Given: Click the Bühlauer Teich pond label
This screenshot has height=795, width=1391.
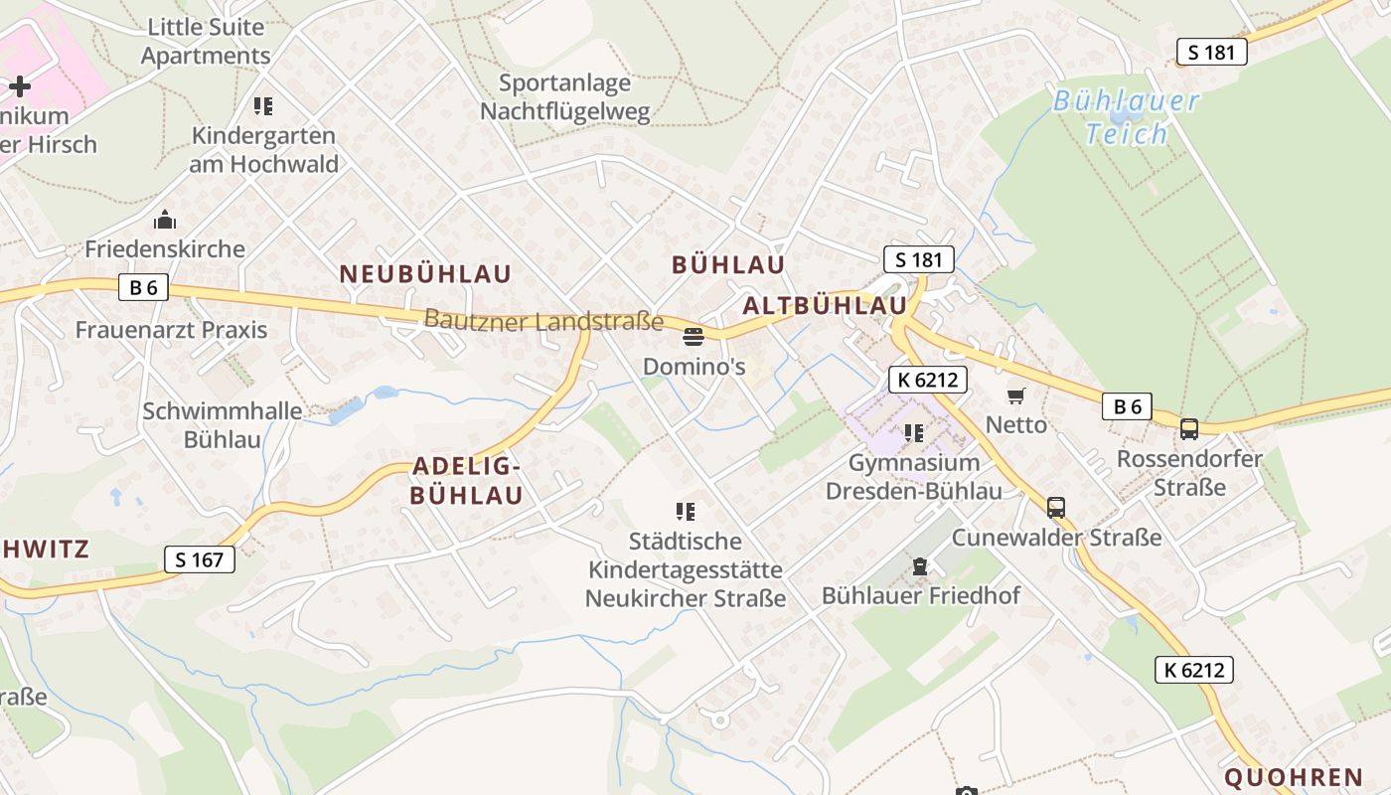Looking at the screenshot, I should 1126,117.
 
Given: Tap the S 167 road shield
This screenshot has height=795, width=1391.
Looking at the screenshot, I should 200,559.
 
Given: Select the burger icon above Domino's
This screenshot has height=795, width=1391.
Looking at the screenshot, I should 693,338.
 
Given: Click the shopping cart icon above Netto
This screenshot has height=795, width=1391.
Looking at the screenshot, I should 1015,397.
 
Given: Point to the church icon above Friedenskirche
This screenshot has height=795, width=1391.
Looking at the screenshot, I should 165,220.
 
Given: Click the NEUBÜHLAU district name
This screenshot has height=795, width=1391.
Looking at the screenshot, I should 425,274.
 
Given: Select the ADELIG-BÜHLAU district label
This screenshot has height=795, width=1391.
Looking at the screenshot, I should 467,481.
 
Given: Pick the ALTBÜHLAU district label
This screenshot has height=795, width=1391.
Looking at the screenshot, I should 825,305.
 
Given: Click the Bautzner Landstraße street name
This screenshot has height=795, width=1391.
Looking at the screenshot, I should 543,321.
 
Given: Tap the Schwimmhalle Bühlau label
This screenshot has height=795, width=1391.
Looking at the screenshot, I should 222,425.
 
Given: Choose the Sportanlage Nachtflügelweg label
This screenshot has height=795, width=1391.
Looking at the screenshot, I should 565,97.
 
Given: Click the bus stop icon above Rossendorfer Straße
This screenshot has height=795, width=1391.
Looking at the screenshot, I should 1188,429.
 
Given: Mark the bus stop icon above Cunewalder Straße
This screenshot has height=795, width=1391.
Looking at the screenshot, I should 1056,508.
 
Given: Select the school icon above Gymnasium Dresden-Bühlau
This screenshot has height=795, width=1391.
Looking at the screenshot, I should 914,433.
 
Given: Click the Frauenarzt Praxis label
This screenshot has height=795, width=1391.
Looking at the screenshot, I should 172,330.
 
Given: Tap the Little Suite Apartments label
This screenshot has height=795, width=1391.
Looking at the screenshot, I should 206,42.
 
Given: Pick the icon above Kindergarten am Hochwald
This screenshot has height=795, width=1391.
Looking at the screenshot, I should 263,105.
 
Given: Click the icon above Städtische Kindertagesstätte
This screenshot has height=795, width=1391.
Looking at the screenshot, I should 685,512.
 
